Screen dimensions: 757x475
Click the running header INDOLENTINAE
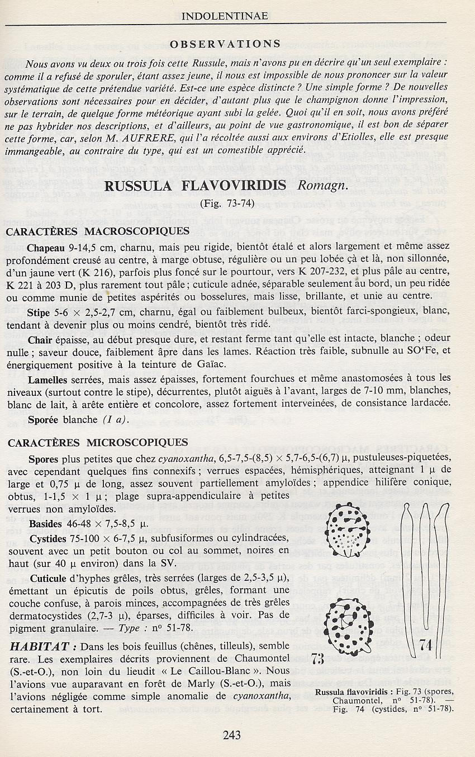225,16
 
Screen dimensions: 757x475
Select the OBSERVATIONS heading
225,44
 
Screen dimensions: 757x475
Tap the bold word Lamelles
48,379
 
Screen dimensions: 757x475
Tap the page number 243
231,735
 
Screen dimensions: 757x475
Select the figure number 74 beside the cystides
426,645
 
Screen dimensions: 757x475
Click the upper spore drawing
348,528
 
